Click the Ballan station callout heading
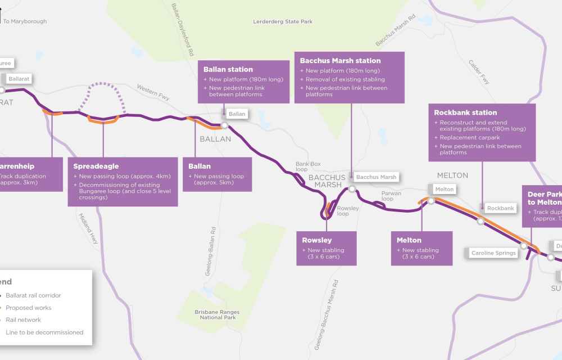[x=228, y=70]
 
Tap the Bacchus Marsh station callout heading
[x=340, y=61]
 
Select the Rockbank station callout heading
[x=465, y=112]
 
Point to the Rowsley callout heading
[x=316, y=240]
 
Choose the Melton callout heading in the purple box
[x=409, y=240]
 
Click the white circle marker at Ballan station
[x=224, y=125]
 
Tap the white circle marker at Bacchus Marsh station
[x=352, y=189]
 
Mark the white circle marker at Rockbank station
[x=481, y=221]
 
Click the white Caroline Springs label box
[x=493, y=253]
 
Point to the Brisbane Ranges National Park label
[x=217, y=315]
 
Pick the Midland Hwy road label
[x=89, y=228]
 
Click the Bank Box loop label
[x=308, y=167]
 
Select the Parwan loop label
[x=392, y=196]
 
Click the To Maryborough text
[x=25, y=21]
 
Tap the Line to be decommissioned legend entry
[x=44, y=332]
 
